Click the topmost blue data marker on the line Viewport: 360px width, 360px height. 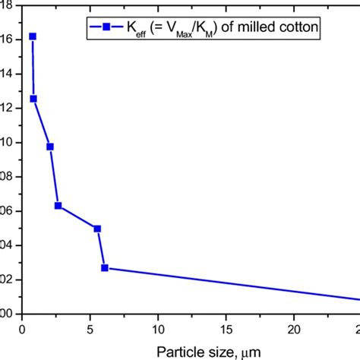[x=33, y=36]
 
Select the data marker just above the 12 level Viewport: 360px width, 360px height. [x=33, y=99]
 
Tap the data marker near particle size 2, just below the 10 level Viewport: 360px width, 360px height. [x=50, y=147]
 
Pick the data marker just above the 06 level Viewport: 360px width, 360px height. [x=58, y=206]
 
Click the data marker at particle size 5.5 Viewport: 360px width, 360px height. [x=97, y=229]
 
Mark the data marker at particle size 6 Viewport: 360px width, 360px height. [x=105, y=267]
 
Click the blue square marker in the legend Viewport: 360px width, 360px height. [x=106, y=28]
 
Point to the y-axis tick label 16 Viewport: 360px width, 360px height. [x=5, y=39]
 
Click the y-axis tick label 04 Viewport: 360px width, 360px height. [x=5, y=245]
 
